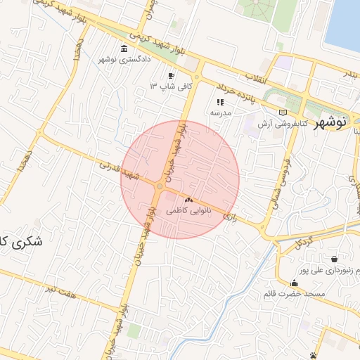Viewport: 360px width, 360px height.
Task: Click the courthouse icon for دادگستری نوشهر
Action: [x=124, y=49]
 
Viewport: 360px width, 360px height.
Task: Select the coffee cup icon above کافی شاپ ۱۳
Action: [x=171, y=75]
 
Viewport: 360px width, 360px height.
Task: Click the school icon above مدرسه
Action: [x=219, y=101]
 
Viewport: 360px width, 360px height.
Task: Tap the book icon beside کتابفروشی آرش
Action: [x=283, y=112]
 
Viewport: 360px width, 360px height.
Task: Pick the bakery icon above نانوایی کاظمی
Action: [x=188, y=200]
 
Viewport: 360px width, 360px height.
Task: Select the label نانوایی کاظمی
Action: [x=188, y=210]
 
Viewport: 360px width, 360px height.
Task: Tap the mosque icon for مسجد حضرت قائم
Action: [x=294, y=283]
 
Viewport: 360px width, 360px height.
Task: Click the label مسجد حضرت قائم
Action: [x=294, y=293]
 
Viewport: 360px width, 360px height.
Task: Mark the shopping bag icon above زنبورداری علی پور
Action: [x=333, y=259]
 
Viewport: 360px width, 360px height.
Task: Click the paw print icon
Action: [x=313, y=356]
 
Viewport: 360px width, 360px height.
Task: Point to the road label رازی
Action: [x=229, y=219]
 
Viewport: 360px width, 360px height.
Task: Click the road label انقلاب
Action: [x=256, y=76]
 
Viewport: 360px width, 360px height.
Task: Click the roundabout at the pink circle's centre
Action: [x=160, y=187]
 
